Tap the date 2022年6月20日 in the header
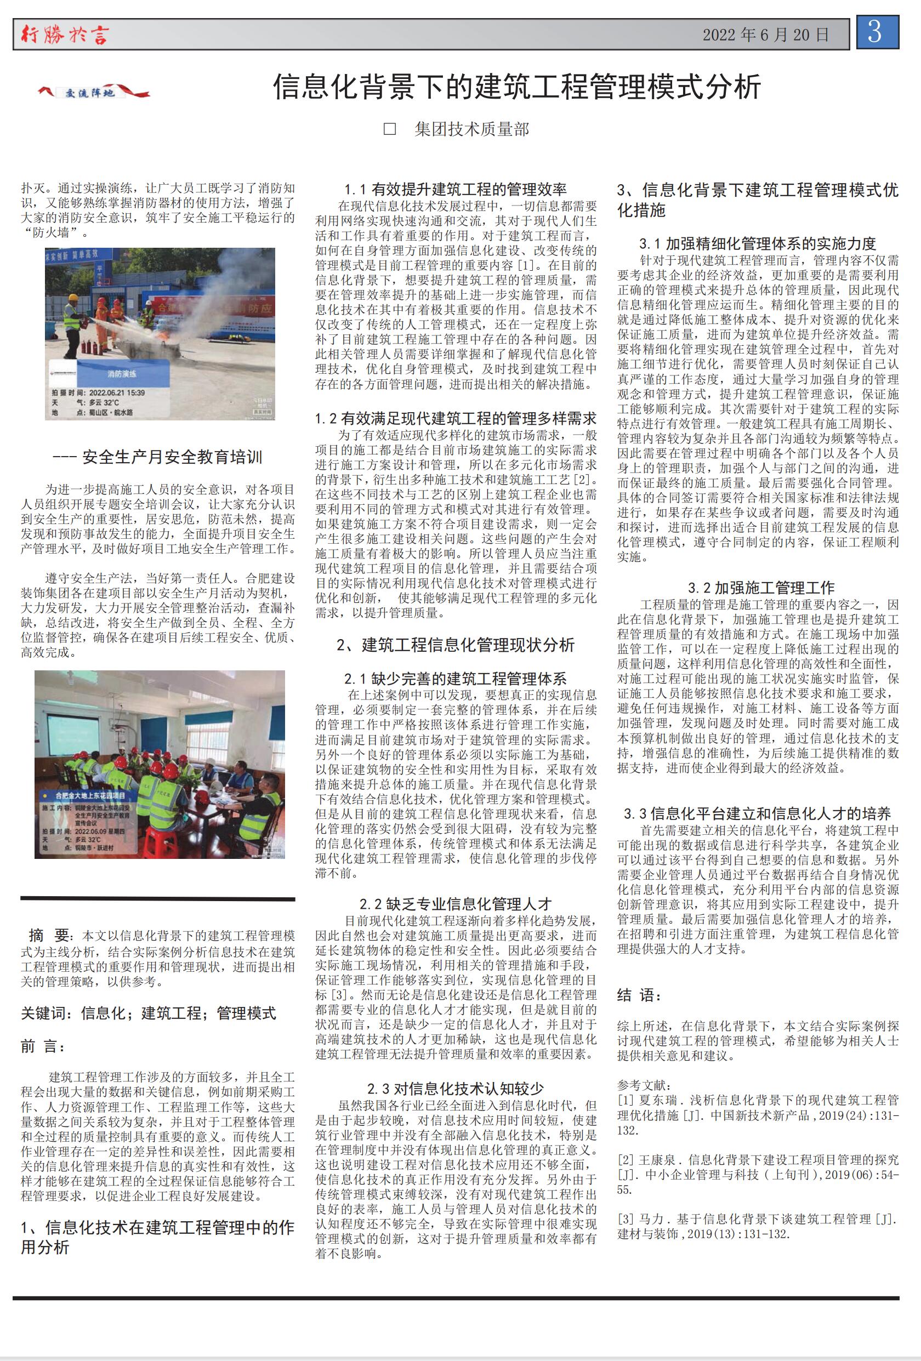coord(766,35)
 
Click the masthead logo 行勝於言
coord(65,35)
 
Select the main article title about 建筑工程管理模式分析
coord(518,87)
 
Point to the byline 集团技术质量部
coord(471,129)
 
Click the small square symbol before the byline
coord(390,129)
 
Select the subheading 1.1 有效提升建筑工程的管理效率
coord(455,189)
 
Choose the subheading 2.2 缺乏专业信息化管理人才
coord(455,904)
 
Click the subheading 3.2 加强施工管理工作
coord(760,588)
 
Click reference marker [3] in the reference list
coord(626,1218)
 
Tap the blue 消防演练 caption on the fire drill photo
coord(122,374)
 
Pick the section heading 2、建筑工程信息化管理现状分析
coord(455,645)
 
